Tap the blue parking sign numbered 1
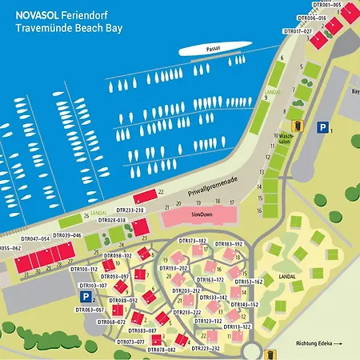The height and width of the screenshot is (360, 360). (322, 127)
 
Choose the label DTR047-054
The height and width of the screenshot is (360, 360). (35, 238)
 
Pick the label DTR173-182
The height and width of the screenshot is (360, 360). (192, 241)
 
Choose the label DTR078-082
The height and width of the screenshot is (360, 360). (161, 350)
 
